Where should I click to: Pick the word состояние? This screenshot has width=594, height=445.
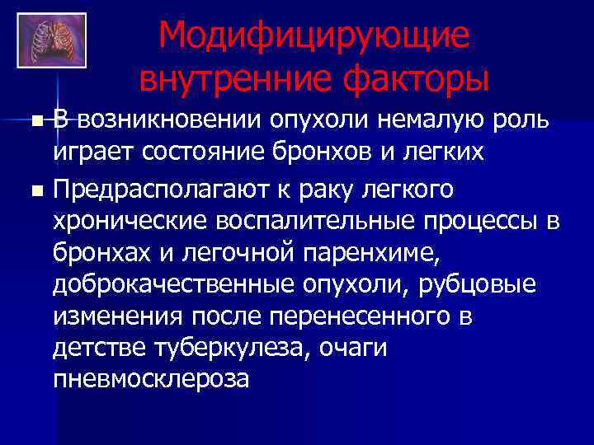(190, 152)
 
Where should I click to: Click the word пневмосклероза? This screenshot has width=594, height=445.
(149, 379)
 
